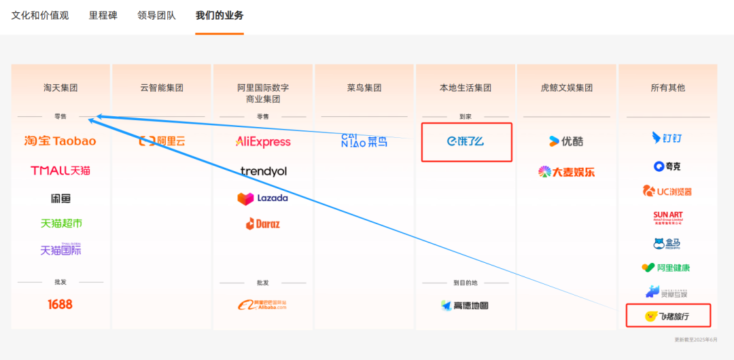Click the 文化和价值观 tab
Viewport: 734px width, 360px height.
[x=40, y=15]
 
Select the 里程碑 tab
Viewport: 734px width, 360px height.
[x=103, y=15]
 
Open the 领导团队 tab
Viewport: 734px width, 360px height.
[x=156, y=15]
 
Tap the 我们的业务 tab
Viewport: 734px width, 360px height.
[x=220, y=15]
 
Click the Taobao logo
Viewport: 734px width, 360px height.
[x=60, y=141]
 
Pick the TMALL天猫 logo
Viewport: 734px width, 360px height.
[x=60, y=170]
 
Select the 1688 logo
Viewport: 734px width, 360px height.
[x=60, y=304]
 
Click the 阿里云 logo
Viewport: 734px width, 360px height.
[x=162, y=141]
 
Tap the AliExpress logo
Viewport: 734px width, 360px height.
[x=263, y=142]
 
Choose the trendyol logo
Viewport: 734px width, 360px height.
[x=264, y=171]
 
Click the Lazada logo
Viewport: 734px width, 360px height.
[x=262, y=198]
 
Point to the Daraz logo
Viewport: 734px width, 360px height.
[x=262, y=223]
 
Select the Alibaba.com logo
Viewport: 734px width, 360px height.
[x=262, y=306]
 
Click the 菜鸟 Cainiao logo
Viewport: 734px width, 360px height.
[x=364, y=141]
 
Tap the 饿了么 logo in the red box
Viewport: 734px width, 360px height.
[x=466, y=141]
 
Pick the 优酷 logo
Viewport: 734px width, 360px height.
[x=566, y=141]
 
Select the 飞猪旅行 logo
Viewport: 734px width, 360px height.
[x=667, y=316]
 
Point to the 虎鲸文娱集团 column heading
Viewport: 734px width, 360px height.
[x=567, y=88]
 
